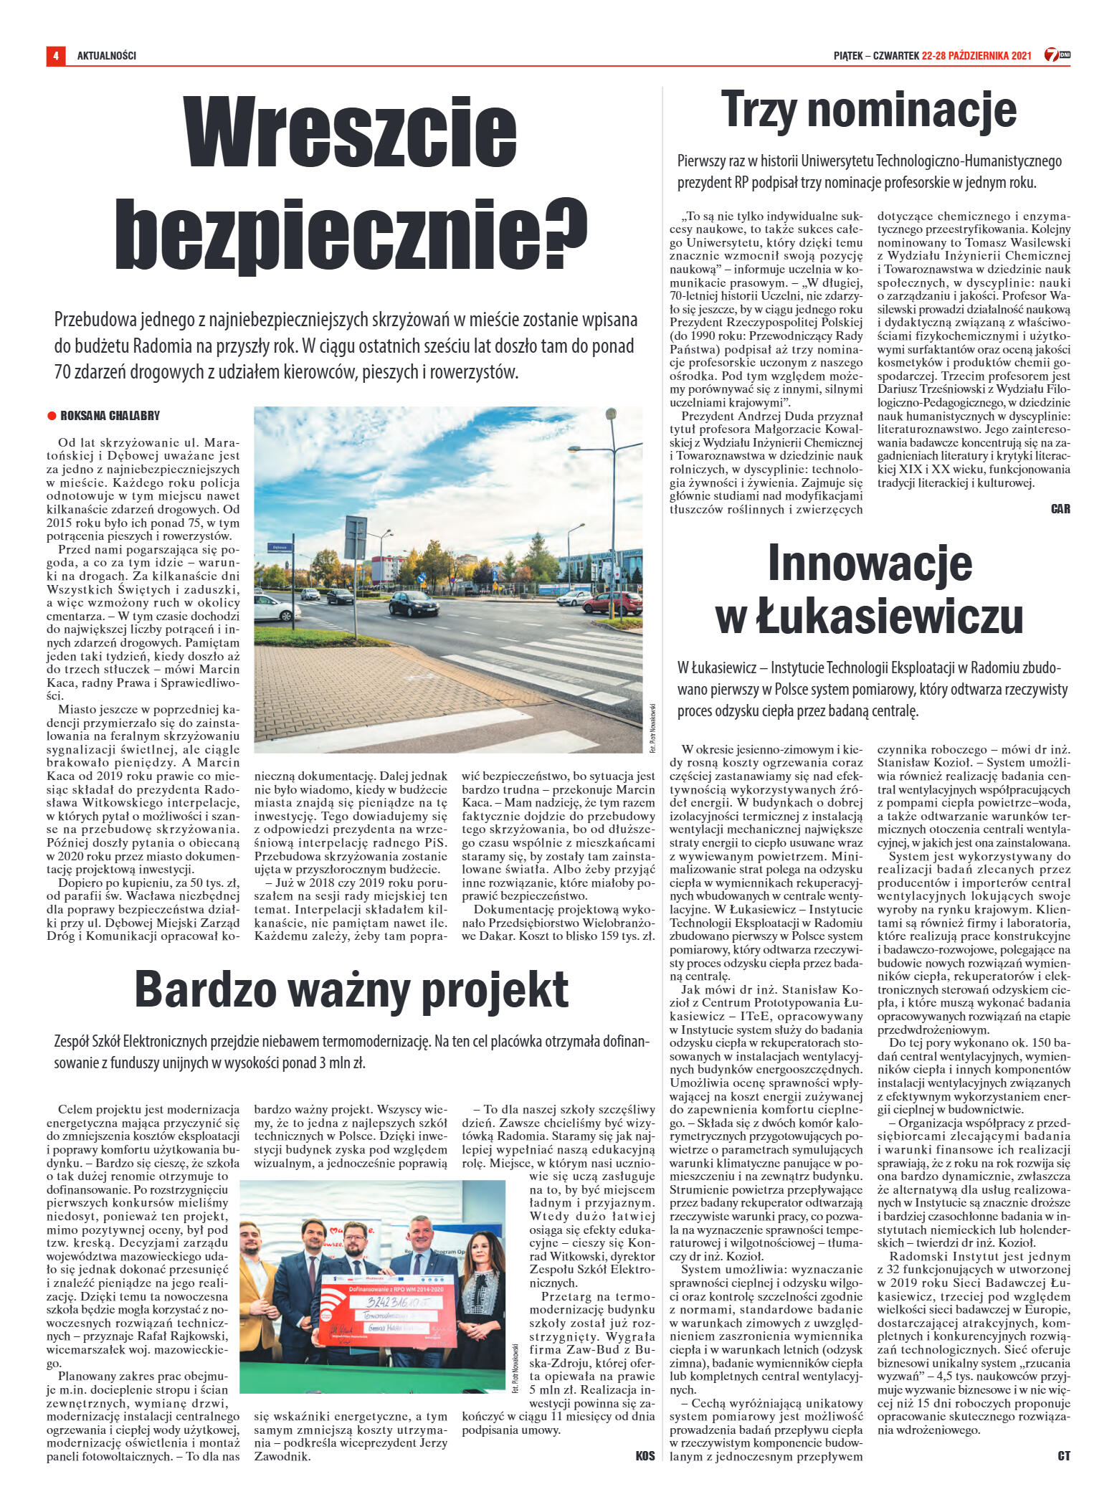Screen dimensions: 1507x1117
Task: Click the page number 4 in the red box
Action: coord(55,56)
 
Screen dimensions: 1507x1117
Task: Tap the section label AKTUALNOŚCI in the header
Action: coord(107,56)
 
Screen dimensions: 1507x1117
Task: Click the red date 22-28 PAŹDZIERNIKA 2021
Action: coord(976,56)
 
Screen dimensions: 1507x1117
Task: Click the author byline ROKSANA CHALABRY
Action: coord(110,416)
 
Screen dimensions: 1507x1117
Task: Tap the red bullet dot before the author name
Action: coord(52,416)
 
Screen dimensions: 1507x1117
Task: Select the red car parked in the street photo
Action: coord(613,602)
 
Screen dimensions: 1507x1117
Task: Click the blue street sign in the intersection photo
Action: coord(279,548)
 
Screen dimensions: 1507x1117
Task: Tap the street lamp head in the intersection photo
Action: coord(611,414)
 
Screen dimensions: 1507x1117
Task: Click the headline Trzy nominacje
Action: coord(868,110)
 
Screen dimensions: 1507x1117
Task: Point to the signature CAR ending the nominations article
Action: coord(1060,509)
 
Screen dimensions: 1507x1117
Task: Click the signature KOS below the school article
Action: coord(645,1456)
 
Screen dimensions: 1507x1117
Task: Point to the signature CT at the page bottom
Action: coord(1063,1456)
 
